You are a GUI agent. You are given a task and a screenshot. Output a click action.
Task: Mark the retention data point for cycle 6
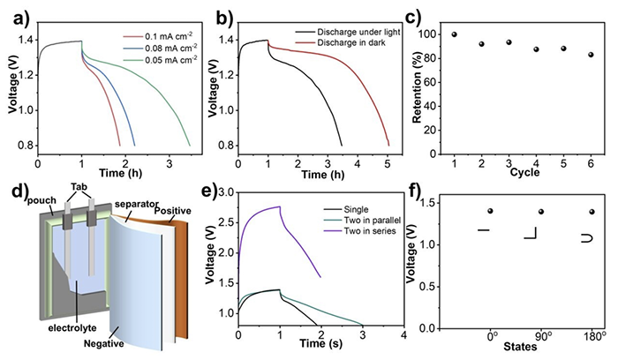pyautogui.click(x=591, y=55)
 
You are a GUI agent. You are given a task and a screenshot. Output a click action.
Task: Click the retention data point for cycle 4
pyautogui.click(x=536, y=49)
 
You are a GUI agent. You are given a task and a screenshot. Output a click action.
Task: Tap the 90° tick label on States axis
pyautogui.click(x=542, y=338)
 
